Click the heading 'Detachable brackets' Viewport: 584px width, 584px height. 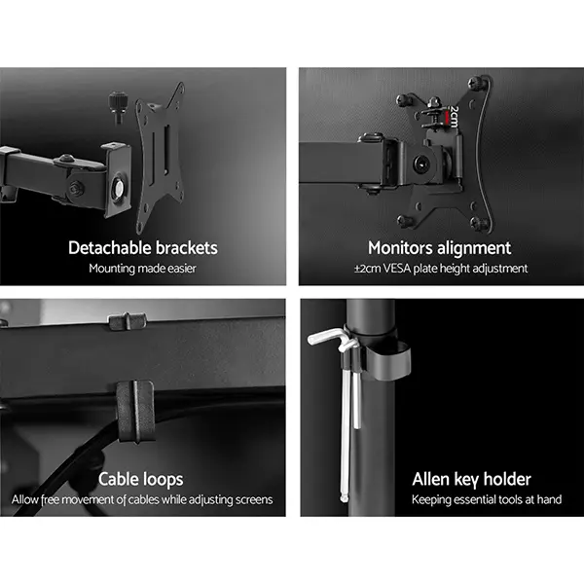[143, 248]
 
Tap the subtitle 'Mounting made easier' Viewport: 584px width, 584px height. [143, 269]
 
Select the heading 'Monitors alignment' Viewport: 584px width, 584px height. [440, 248]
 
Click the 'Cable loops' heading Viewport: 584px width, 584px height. [141, 479]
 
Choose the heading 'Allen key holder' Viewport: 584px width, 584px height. [471, 480]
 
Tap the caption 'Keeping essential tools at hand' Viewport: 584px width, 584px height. [487, 499]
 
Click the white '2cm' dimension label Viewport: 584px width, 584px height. [454, 117]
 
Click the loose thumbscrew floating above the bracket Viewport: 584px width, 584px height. [119, 107]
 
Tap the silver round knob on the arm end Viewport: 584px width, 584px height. [119, 188]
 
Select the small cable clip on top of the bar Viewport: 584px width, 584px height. [128, 321]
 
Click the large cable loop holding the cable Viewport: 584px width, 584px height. [135, 411]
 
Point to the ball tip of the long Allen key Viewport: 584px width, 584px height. [344, 498]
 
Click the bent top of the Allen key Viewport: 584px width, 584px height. [328, 336]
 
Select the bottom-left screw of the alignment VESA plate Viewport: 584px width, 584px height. [405, 222]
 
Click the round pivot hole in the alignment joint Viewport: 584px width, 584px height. [421, 164]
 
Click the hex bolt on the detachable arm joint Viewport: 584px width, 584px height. [77, 188]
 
